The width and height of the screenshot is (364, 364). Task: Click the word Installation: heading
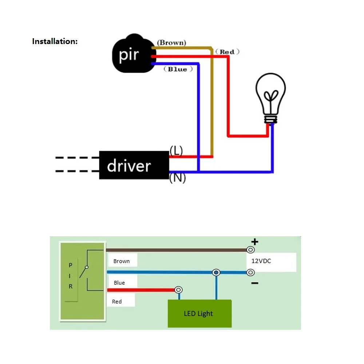pos(55,41)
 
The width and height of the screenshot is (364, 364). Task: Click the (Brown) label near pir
pos(171,43)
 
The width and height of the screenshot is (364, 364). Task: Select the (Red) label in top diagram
pos(227,52)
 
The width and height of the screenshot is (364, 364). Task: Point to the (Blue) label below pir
pos(177,69)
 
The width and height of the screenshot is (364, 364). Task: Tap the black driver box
pos(134,166)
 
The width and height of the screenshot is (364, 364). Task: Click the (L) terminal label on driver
pos(176,151)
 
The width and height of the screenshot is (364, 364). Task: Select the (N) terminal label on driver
pos(177,178)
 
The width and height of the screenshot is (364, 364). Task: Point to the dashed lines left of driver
pos(77,165)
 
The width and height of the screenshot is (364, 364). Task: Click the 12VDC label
pos(261,261)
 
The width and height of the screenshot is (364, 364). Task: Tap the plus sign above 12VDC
pos(255,241)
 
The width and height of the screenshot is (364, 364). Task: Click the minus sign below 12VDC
pos(255,283)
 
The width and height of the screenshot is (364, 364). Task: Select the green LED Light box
pos(199,313)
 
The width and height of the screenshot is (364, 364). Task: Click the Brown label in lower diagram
pos(122,261)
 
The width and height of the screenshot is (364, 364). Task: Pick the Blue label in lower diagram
pos(119,283)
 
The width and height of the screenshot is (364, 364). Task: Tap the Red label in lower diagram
pos(117,301)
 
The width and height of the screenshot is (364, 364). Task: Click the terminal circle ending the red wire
pos(178,290)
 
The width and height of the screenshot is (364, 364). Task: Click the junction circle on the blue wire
pos(216,272)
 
